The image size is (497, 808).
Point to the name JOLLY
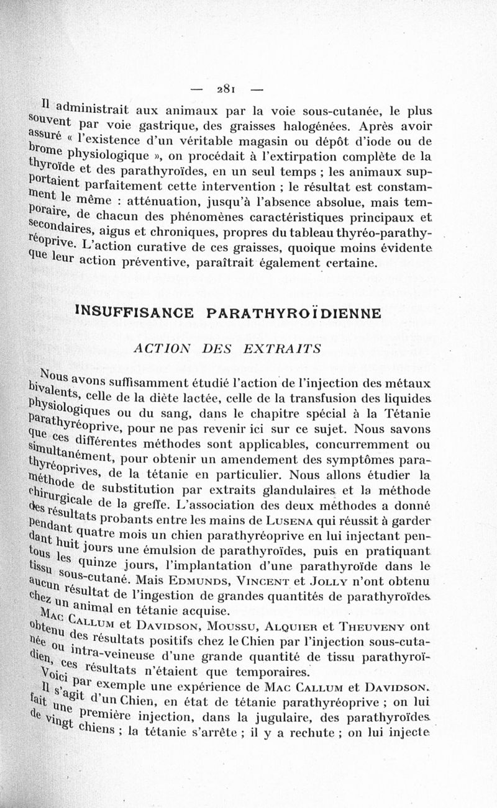[368, 581]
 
